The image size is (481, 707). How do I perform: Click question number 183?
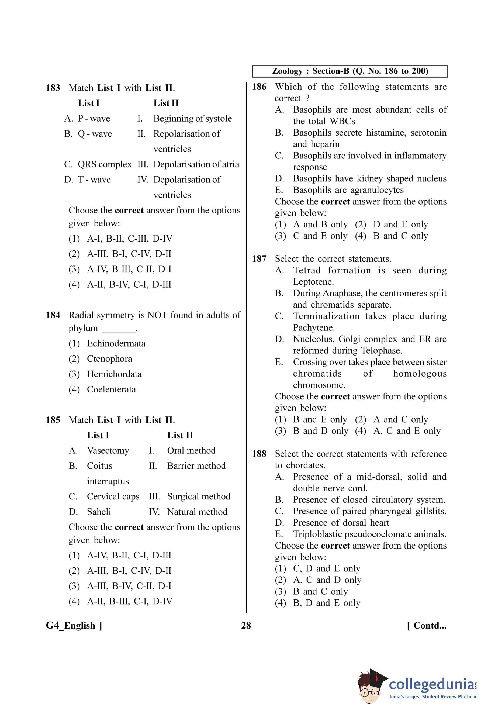pos(53,88)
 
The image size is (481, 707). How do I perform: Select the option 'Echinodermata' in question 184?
pos(116,343)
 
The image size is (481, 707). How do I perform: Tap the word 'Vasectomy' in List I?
pos(108,451)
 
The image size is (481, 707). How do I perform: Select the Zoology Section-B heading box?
pos(350,71)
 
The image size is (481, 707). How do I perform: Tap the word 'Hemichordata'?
pos(114,374)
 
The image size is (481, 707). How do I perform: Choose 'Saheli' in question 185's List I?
pos(99,512)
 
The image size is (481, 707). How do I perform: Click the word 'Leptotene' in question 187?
pos(313,282)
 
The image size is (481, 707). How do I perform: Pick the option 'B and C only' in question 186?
pos(400,236)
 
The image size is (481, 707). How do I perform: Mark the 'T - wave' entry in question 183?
pos(94,180)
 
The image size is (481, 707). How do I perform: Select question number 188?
pos(259,454)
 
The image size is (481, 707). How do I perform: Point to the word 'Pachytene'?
pos(313,328)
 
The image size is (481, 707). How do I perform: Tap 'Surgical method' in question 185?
pos(199,496)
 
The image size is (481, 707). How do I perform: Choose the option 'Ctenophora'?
pos(109,359)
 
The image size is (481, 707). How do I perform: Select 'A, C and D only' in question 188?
pos(327,580)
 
